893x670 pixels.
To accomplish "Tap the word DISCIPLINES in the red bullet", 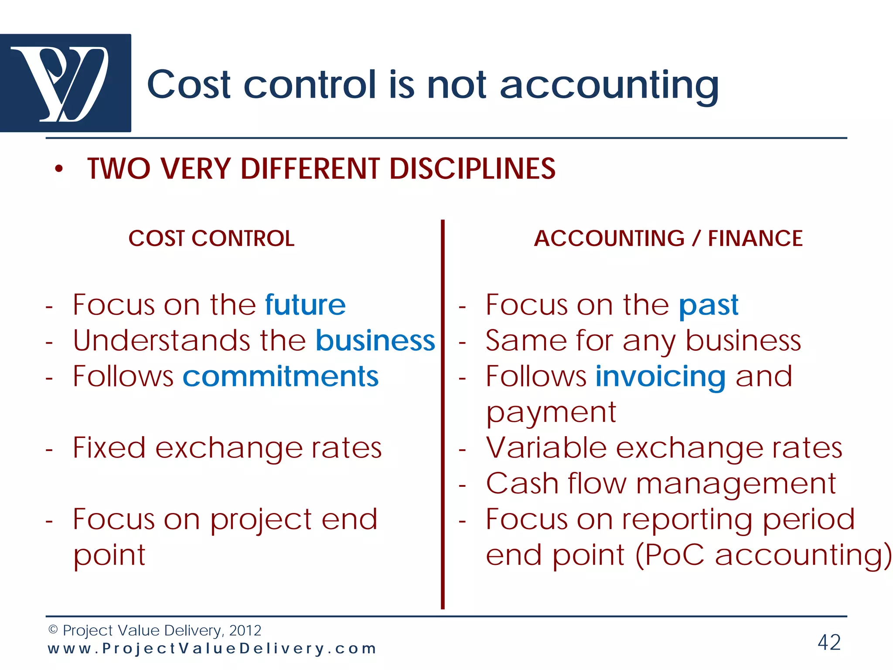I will (472, 169).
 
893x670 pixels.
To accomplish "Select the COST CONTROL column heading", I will (211, 239).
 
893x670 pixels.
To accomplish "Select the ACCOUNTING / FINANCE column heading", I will (668, 239).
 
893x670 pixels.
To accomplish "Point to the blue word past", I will (709, 305).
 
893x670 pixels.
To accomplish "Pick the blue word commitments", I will (280, 376).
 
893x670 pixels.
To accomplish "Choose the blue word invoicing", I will (660, 377).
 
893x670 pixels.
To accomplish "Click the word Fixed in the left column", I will (109, 448).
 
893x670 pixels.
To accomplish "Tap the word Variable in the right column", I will (546, 448).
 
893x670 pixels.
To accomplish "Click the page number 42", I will (829, 643).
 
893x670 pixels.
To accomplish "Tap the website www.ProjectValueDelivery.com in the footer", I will (212, 649).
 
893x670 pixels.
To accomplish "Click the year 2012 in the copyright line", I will (245, 630).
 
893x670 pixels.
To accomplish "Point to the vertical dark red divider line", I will (443, 414).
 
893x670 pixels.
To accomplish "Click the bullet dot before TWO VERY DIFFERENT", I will (59, 169).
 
